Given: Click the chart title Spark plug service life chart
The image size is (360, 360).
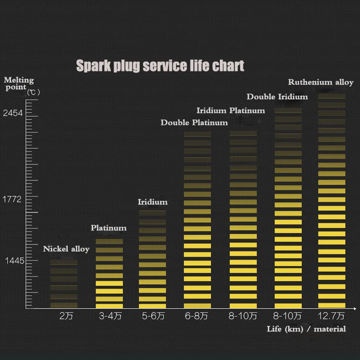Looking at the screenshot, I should (160, 66).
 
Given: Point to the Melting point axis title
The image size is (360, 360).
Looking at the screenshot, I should (19, 84).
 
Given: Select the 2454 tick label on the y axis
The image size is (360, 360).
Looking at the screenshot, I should (13, 113).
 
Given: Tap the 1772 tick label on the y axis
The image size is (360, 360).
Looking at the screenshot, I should (13, 199).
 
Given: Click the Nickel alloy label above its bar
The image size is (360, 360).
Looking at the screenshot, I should (66, 249).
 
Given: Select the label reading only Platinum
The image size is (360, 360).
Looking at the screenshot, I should (108, 228).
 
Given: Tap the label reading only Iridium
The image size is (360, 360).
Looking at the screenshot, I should (153, 202).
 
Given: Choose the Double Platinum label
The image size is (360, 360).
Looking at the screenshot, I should (194, 123).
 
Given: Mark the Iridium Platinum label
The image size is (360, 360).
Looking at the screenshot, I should (230, 111).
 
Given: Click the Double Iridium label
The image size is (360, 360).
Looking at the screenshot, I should (277, 97).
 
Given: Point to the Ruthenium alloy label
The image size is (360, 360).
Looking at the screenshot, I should (321, 83).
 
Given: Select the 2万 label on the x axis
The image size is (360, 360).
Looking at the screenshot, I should (66, 316).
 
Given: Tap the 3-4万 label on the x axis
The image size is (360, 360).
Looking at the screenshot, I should (110, 316).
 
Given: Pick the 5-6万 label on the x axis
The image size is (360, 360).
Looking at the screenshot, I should (153, 316).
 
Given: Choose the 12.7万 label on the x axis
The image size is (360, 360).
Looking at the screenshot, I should (331, 316).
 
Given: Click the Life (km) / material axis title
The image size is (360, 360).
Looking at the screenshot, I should (306, 329).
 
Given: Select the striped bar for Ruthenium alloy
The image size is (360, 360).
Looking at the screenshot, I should (332, 202).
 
